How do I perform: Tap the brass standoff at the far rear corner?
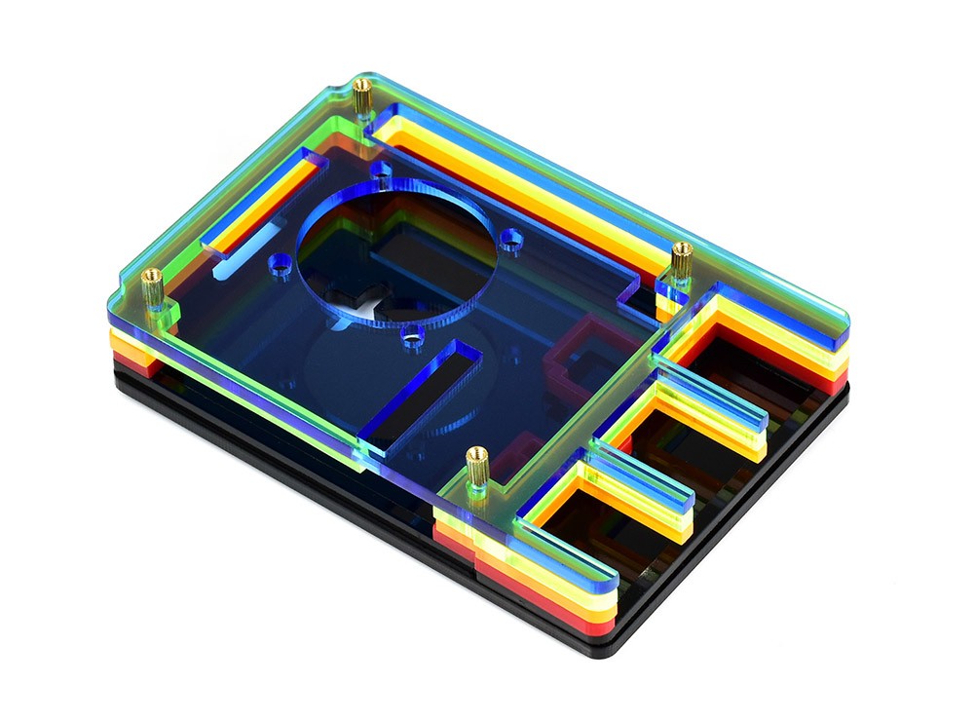(x=362, y=95)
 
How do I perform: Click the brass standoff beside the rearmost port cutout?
(x=682, y=261)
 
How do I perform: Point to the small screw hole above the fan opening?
(x=382, y=181)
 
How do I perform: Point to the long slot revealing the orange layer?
(x=263, y=209)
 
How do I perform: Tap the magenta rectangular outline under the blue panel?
(x=575, y=360)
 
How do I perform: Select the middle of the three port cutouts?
(x=672, y=438)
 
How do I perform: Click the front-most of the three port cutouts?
(x=594, y=516)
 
